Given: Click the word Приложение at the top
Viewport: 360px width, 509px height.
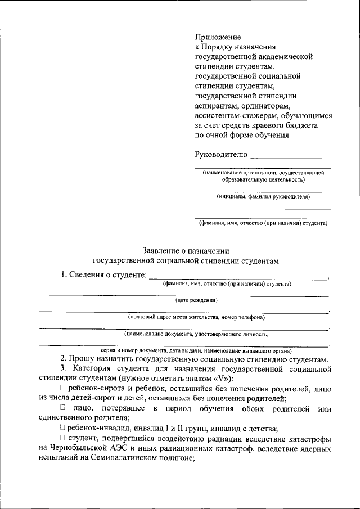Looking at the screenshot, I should [x=218, y=37].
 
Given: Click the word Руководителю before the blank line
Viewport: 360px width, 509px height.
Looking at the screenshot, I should [x=220, y=154].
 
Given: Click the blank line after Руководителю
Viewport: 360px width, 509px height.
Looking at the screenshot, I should [x=286, y=156].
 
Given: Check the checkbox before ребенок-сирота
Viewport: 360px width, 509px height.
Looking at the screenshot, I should [x=62, y=389].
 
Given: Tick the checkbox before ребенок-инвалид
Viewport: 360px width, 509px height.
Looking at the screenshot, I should [x=62, y=427].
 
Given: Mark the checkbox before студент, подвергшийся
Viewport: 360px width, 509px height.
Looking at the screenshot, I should [x=62, y=438].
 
